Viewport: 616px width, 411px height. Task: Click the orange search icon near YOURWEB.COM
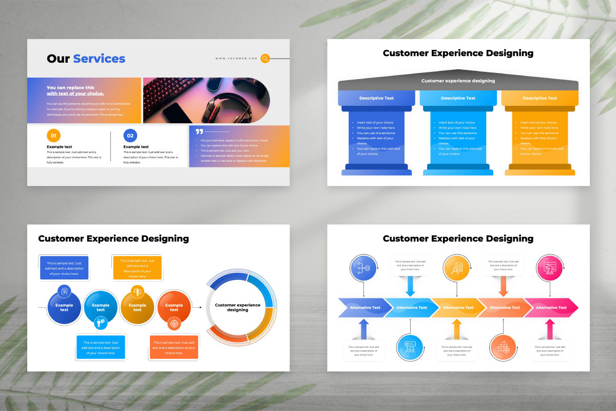pyautogui.click(x=265, y=59)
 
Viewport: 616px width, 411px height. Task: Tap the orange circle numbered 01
pyautogui.click(x=54, y=136)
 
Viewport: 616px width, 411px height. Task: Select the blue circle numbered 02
pyautogui.click(x=130, y=136)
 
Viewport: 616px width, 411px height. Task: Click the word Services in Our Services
pyautogui.click(x=99, y=59)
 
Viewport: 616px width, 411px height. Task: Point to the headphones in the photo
pyautogui.click(x=241, y=105)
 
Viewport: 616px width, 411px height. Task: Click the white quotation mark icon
pyautogui.click(x=199, y=132)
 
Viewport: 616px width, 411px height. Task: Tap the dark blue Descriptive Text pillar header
pyautogui.click(x=376, y=98)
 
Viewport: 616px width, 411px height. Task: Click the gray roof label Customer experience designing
pyautogui.click(x=458, y=81)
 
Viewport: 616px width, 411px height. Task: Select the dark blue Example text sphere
pyautogui.click(x=64, y=307)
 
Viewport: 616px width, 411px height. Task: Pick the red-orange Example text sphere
pyautogui.click(x=174, y=307)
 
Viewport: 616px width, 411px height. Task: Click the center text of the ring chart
pyautogui.click(x=237, y=307)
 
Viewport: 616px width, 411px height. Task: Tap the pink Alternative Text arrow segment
pyautogui.click(x=551, y=308)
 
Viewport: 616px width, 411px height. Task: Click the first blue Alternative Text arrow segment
pyautogui.click(x=362, y=308)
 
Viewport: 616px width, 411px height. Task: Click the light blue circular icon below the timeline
pyautogui.click(x=410, y=347)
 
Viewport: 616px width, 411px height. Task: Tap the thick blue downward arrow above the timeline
pyautogui.click(x=410, y=285)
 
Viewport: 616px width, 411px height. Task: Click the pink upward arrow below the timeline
pyautogui.click(x=550, y=329)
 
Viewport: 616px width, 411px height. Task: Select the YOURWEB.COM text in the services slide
pyautogui.click(x=236, y=59)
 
